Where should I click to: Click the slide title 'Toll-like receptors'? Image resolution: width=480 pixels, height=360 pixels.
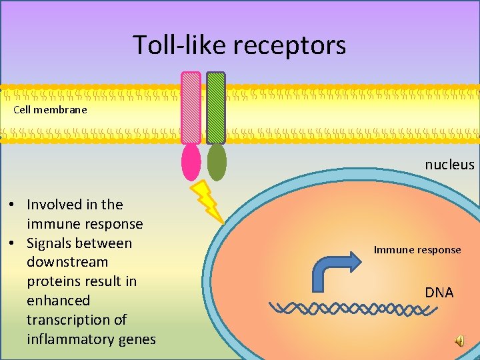click(x=239, y=45)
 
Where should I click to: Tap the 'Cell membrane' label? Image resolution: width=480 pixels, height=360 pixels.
click(x=50, y=109)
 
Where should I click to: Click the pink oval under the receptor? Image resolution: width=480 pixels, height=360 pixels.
click(x=191, y=163)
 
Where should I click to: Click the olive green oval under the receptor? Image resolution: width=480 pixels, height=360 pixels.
click(x=217, y=162)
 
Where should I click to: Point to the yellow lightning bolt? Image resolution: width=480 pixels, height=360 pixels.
click(x=207, y=201)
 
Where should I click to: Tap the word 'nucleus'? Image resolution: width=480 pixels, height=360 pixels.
click(x=449, y=165)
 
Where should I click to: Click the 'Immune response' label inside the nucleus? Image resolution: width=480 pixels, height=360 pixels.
click(x=417, y=250)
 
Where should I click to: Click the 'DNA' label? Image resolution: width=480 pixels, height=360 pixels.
click(x=439, y=293)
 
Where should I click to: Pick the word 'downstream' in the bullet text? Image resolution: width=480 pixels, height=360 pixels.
click(x=67, y=262)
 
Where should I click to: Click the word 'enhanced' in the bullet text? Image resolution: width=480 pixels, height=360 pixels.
click(x=58, y=301)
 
